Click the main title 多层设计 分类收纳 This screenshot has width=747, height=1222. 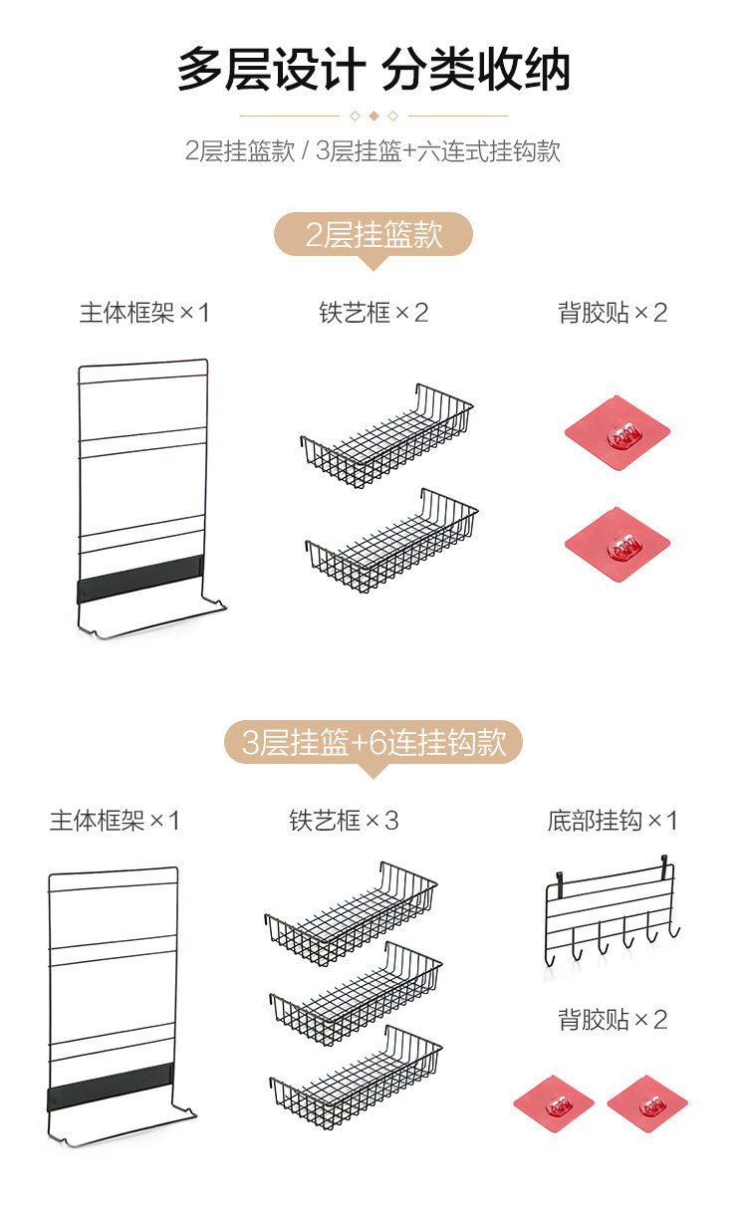point(373,71)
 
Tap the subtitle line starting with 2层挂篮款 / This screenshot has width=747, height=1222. point(373,151)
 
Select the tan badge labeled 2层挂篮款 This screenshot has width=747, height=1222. point(373,235)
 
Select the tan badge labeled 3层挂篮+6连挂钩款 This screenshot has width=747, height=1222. point(373,743)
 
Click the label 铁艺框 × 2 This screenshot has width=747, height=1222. point(373,313)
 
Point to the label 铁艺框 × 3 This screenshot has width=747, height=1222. point(344,821)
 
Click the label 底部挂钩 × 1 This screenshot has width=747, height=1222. point(612,821)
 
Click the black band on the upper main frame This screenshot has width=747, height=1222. point(139,581)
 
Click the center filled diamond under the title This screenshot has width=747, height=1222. point(373,116)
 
